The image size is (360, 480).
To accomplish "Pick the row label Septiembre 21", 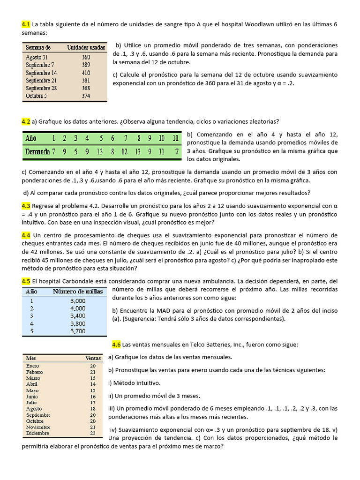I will point(41,81).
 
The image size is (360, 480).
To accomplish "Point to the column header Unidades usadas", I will point(86,47).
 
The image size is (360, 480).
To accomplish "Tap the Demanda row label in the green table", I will point(38,151).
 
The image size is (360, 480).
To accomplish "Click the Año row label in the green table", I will point(31,138).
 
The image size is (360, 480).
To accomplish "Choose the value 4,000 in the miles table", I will point(78,308).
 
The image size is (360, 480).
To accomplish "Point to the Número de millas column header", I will point(77,291).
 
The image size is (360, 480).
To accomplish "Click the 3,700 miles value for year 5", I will point(78,331).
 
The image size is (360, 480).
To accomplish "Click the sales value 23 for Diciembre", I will point(92,433).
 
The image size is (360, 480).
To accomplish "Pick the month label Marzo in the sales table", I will point(33,378).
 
